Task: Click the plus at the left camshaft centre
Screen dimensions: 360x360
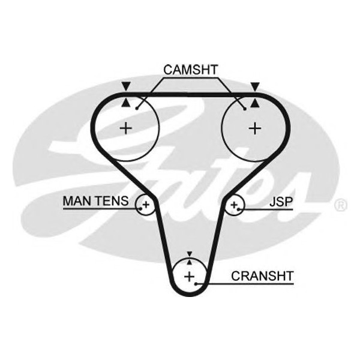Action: coord(125,127)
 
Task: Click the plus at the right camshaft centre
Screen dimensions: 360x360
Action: coord(256,127)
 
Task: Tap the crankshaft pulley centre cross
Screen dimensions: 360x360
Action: coord(190,277)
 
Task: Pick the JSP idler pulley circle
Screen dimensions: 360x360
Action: coord(235,206)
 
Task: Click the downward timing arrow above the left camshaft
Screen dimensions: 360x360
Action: coord(125,87)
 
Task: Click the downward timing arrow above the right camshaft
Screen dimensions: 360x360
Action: coord(256,87)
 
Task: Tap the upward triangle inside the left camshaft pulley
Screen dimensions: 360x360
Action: coord(125,103)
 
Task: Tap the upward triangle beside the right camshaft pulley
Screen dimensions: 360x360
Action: coord(256,103)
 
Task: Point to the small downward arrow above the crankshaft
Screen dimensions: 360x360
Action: coord(190,254)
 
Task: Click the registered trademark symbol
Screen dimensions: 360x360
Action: coord(340,206)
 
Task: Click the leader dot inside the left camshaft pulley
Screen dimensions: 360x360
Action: coord(137,108)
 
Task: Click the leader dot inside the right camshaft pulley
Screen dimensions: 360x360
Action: coord(245,109)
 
